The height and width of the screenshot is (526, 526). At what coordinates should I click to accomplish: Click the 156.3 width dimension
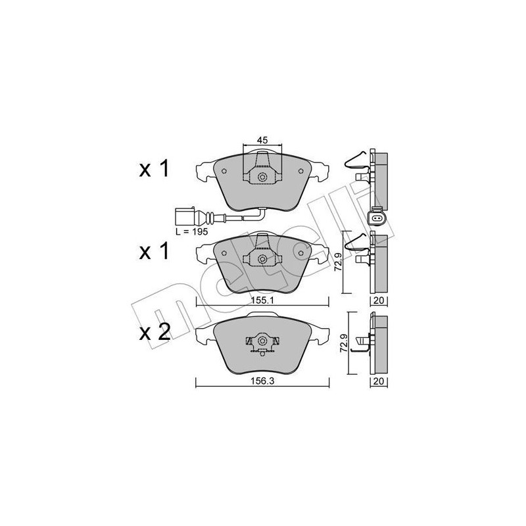(x=262, y=379)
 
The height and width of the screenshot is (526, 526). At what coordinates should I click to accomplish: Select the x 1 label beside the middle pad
(x=155, y=251)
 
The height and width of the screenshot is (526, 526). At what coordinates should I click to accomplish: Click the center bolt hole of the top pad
(x=262, y=178)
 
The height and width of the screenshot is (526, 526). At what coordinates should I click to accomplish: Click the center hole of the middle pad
(x=262, y=259)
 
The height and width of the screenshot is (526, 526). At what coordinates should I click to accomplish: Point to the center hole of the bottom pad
(x=262, y=341)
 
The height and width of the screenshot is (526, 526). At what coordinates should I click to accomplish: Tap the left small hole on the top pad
(x=224, y=172)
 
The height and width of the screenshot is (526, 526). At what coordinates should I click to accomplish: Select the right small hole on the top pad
(x=300, y=172)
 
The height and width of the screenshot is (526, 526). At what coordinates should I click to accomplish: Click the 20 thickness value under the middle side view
(x=378, y=300)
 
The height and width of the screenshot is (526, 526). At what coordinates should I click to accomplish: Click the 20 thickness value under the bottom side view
(x=378, y=381)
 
